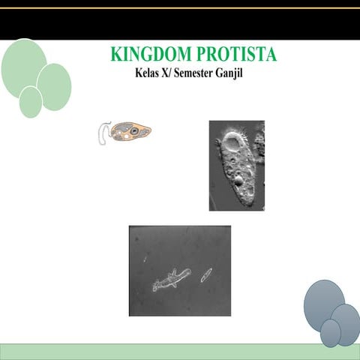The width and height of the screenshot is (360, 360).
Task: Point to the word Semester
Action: tap(200, 73)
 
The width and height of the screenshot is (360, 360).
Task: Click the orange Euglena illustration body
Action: tap(130, 133)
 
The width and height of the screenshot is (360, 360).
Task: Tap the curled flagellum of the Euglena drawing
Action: tap(103, 133)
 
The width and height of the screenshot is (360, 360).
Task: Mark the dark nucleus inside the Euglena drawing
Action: tap(133, 131)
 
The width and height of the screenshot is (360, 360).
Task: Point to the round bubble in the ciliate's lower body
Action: tap(238, 180)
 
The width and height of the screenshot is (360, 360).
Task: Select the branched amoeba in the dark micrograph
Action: tap(171, 280)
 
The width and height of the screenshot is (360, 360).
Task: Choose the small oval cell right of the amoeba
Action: tap(205, 274)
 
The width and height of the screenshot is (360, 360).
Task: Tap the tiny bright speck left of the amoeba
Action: tap(146, 260)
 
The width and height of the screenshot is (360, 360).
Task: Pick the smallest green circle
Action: tap(31, 102)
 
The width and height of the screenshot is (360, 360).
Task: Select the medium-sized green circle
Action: tap(54, 85)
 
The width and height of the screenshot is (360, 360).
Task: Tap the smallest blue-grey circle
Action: tap(330, 332)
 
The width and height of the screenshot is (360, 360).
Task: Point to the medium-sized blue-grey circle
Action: tap(345, 321)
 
